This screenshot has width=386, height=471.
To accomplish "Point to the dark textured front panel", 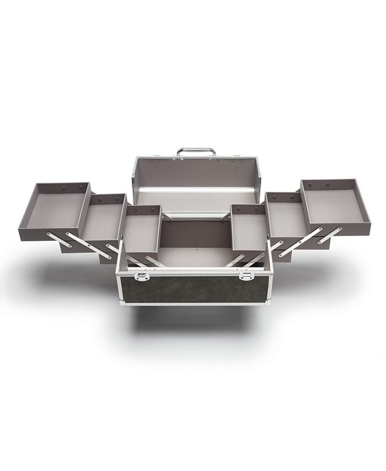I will pyautogui.click(x=193, y=289).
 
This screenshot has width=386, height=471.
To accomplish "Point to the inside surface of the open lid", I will pyautogui.click(x=196, y=173).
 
